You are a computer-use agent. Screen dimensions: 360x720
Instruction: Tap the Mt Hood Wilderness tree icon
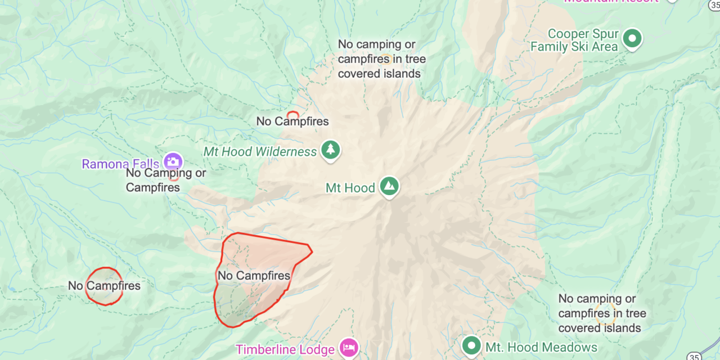point(330,150)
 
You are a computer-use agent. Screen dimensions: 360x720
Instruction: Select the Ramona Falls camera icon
point(173,162)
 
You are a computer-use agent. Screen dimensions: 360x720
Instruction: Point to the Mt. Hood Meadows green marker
point(471,345)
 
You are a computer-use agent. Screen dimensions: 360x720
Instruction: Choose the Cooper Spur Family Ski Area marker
point(632,39)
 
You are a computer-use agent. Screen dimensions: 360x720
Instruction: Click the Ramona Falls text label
point(121,164)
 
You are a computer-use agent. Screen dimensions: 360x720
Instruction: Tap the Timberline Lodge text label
point(285,349)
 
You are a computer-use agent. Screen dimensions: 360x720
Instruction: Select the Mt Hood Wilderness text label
point(260,152)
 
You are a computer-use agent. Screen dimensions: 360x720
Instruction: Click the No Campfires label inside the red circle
point(104,286)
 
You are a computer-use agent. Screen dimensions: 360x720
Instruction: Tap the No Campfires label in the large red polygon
point(254,276)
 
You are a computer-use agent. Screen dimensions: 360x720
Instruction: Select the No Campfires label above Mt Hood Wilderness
point(292,121)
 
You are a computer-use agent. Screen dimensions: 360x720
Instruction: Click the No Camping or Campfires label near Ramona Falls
point(165,180)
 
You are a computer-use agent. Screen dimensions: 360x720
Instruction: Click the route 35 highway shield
point(694,355)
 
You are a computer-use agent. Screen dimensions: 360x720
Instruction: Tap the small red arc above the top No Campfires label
point(292,113)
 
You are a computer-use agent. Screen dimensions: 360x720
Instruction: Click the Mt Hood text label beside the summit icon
point(350,188)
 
